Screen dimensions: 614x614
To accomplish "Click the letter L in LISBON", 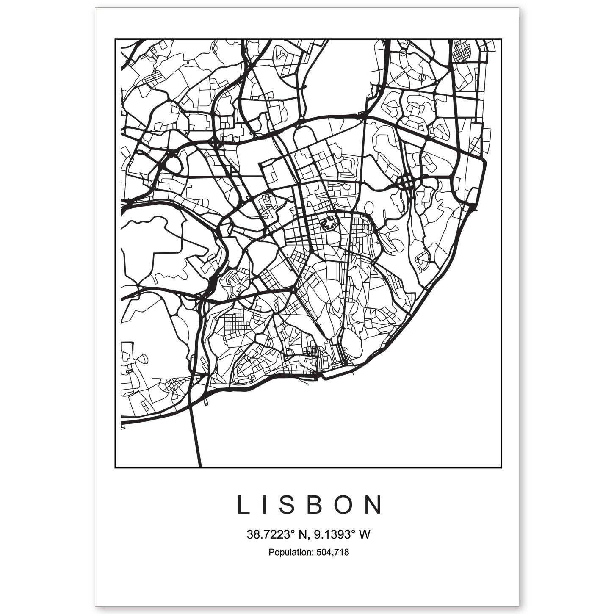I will (x=243, y=505).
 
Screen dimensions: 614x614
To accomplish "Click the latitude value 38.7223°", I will (x=270, y=535).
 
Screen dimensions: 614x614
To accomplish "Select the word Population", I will (x=290, y=552).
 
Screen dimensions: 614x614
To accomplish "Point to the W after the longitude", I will (x=365, y=535).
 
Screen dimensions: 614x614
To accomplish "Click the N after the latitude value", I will (x=302, y=535).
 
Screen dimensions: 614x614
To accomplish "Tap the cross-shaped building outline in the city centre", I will (x=329, y=223).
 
